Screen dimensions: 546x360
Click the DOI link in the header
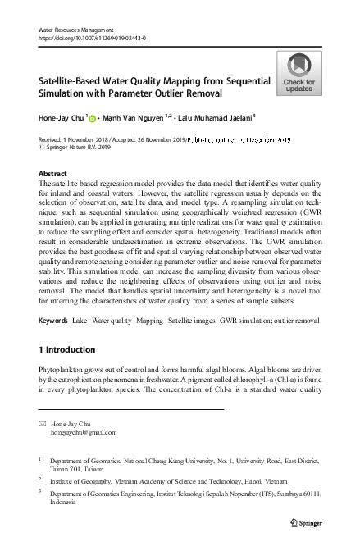[x=86, y=38]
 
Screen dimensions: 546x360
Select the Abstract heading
[x=53, y=174]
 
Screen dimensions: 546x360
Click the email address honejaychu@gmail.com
[x=84, y=432]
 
